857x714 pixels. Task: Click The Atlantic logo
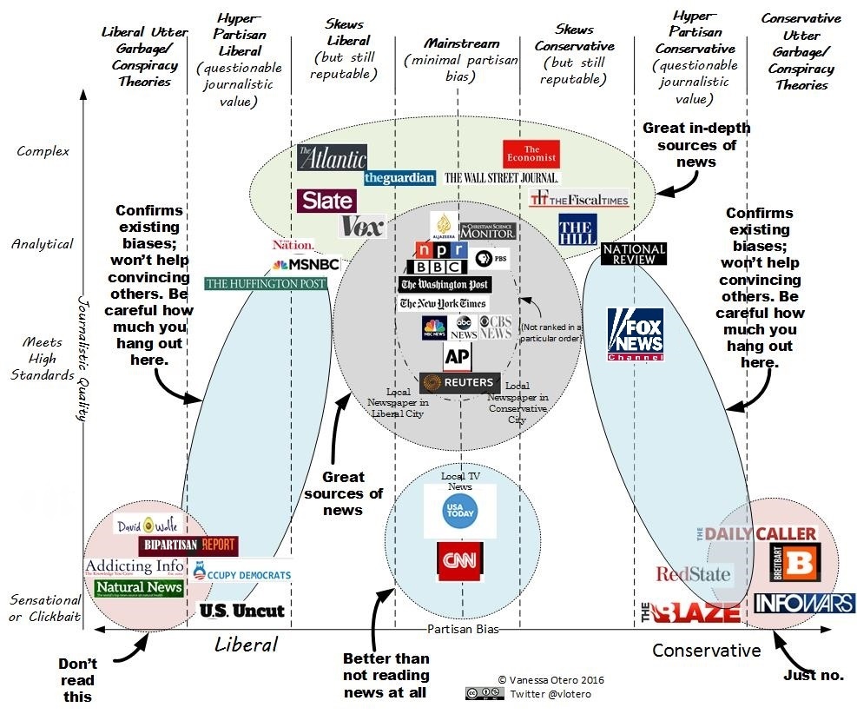click(332, 157)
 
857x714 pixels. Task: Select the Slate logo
click(326, 201)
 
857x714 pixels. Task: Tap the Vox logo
click(362, 226)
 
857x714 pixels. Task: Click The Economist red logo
click(531, 154)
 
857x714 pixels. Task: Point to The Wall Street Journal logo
click(501, 178)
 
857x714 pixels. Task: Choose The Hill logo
click(577, 228)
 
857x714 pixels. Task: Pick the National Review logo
click(634, 254)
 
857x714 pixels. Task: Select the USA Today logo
click(460, 512)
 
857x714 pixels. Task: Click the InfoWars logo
click(804, 603)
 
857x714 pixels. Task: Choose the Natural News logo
click(139, 588)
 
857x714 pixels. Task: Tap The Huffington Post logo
click(266, 283)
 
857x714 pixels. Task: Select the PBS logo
click(491, 258)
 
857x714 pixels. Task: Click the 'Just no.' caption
click(814, 675)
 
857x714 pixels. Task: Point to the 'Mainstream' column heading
click(462, 43)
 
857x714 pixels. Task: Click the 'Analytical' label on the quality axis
click(42, 244)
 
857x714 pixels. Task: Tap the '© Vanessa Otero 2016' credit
click(550, 680)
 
